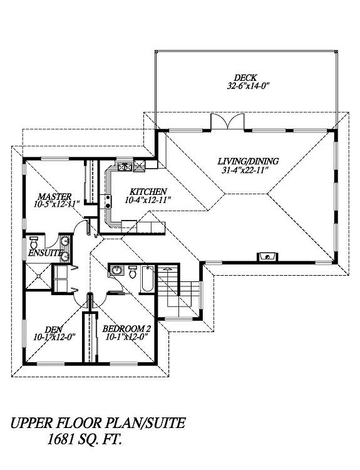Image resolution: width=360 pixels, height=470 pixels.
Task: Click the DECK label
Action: [245, 78]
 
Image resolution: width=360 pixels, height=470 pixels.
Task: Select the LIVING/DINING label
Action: [249, 161]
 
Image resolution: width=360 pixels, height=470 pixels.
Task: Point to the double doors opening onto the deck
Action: [228, 122]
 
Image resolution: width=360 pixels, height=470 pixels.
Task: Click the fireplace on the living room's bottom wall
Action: [267, 256]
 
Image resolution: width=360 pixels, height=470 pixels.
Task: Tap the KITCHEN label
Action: [148, 191]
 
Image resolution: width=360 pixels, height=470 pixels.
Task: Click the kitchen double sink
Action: [125, 166]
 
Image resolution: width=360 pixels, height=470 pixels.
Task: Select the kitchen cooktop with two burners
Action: [107, 201]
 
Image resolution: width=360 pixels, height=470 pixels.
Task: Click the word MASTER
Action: [55, 196]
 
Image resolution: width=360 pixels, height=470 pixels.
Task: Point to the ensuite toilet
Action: [34, 241]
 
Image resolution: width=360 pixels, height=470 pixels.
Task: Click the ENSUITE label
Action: [46, 253]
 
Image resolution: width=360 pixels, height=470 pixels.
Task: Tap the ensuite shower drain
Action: [38, 276]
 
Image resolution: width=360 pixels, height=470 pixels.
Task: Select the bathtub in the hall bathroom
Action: [148, 279]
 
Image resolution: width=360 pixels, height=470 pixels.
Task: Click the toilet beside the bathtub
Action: [132, 271]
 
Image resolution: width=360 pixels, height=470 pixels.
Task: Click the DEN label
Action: [54, 329]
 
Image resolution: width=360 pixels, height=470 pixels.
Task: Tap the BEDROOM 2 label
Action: [126, 329]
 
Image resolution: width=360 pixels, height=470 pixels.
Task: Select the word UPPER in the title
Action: [28, 423]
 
